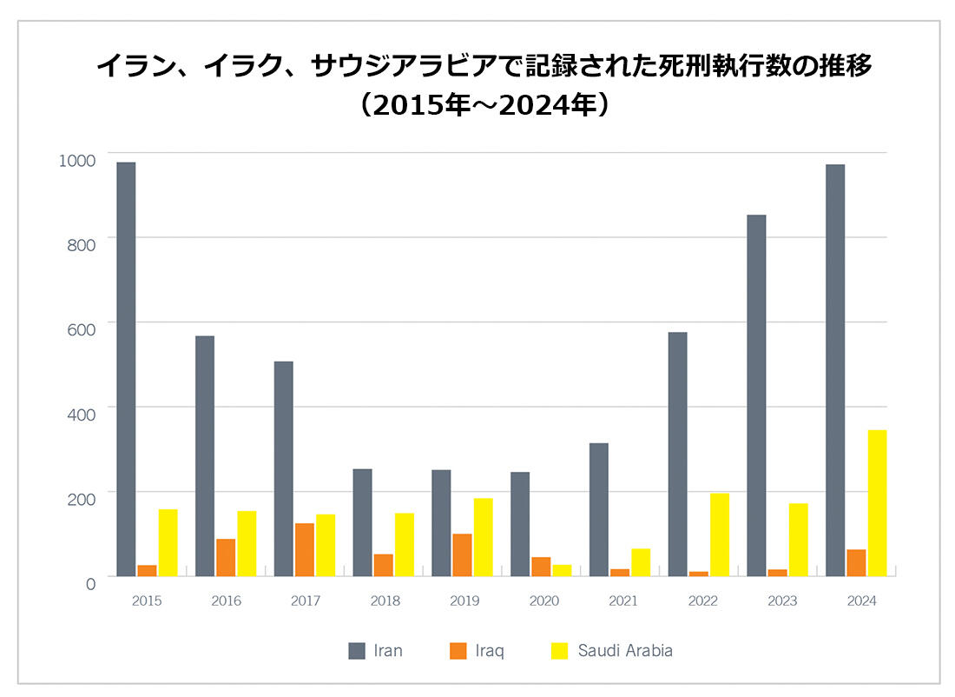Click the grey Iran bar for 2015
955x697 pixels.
tap(126, 369)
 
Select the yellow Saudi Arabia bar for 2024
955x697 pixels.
tap(877, 503)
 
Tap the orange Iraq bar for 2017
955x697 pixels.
tap(305, 550)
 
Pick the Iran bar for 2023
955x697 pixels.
tap(756, 395)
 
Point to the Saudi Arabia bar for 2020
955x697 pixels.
tap(562, 570)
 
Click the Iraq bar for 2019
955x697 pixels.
tap(462, 555)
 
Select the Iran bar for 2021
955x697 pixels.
tap(598, 510)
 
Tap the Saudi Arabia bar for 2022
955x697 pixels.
tap(720, 535)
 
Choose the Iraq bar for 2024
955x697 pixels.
tap(856, 563)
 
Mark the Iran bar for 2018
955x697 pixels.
tap(362, 523)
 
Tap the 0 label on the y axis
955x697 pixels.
tap(89, 584)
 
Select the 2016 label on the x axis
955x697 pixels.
tap(226, 601)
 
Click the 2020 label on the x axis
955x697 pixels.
tap(543, 601)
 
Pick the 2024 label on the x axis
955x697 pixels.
tap(862, 601)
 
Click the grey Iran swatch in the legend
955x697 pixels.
tap(357, 651)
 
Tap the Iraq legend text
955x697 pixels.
tap(490, 651)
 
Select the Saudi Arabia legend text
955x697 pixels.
tap(625, 651)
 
